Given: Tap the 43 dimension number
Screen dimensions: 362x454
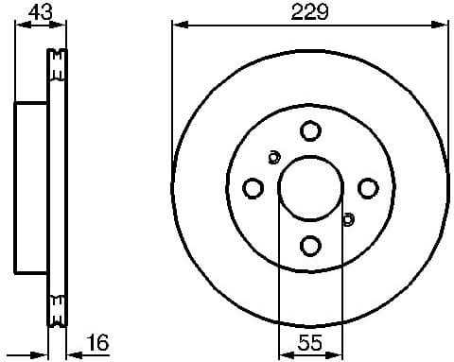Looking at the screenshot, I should point(41,12).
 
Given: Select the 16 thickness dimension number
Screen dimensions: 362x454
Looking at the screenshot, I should point(95,342).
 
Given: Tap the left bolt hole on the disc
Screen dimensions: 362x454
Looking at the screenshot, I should point(253,189).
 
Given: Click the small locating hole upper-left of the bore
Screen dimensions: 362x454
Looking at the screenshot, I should point(274,157).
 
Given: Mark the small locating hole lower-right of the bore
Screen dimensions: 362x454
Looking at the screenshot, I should point(347,220).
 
